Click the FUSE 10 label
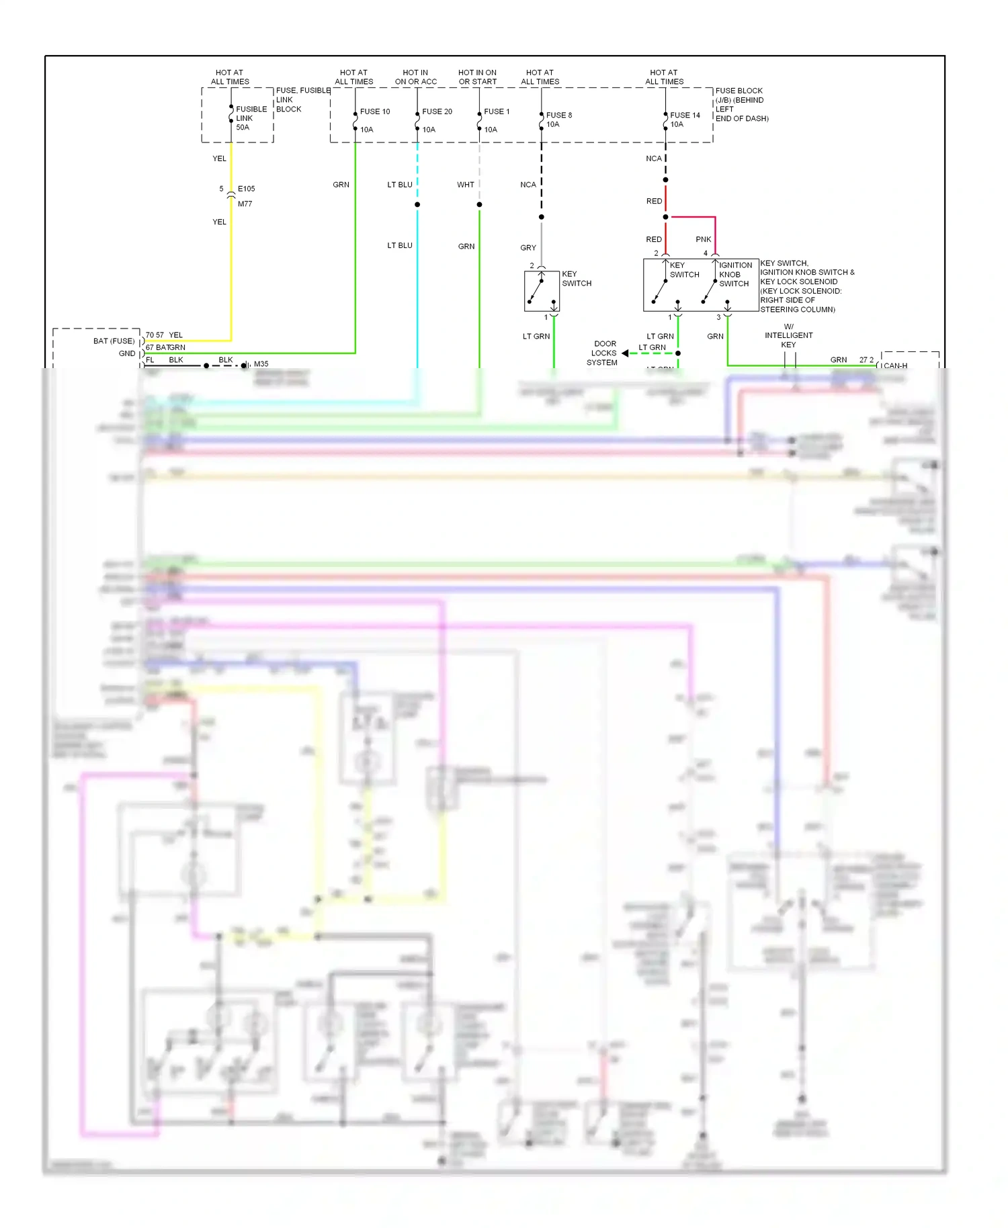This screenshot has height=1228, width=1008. click(374, 112)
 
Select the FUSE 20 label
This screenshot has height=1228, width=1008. click(437, 112)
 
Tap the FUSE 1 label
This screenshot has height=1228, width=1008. click(497, 112)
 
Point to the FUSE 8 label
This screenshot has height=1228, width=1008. click(558, 115)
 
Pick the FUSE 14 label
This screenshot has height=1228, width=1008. click(685, 115)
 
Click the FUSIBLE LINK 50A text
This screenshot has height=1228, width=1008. click(251, 118)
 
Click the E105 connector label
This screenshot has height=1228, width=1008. click(246, 189)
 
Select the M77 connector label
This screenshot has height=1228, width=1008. click(245, 204)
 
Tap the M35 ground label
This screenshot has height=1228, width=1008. click(261, 364)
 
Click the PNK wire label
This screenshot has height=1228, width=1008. click(703, 239)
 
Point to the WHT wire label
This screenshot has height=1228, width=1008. click(465, 185)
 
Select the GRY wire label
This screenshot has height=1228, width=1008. click(528, 248)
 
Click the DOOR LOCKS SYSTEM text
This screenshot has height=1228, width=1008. click(603, 353)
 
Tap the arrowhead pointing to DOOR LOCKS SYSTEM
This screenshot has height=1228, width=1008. click(625, 353)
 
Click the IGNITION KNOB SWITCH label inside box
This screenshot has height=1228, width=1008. click(734, 275)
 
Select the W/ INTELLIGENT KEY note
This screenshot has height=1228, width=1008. click(788, 335)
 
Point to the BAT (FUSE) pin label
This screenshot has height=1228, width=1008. click(114, 341)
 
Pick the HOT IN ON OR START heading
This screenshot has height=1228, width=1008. click(477, 77)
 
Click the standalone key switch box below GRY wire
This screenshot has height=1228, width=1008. click(542, 291)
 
